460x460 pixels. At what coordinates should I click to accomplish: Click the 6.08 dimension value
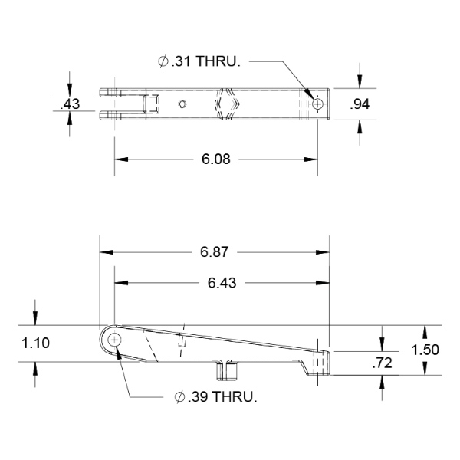pos(216,159)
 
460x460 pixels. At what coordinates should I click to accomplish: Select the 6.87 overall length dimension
pos(214,252)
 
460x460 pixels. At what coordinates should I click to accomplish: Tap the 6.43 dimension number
pos(222,283)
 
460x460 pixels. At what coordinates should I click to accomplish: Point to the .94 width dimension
pos(360,104)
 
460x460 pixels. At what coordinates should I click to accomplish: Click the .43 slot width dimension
pos(70,104)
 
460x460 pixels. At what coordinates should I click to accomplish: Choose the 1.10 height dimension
pos(35,343)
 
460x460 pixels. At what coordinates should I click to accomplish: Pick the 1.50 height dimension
pos(425,350)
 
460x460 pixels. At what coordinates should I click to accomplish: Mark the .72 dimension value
pos(382,363)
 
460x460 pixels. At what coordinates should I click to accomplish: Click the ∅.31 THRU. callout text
pos(199,61)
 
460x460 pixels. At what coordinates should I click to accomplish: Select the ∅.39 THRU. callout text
pos(215,397)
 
